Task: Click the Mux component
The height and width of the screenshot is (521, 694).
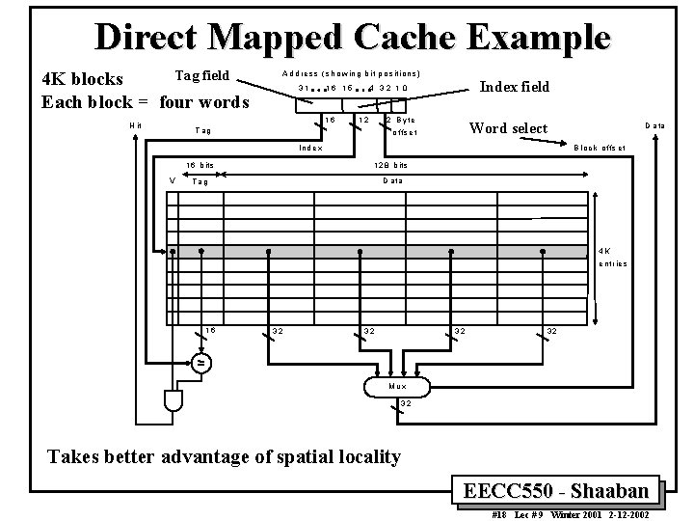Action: point(397,385)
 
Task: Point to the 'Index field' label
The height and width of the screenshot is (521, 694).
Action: point(515,87)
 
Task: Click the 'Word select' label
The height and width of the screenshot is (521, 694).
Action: point(507,128)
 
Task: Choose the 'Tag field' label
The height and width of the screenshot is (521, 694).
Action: point(201,75)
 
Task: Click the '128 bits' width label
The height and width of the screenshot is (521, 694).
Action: point(390,165)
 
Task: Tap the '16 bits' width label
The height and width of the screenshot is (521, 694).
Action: point(200,165)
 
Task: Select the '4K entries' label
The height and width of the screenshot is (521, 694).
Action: point(612,257)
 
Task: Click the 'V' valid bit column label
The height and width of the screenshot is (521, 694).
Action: point(172,180)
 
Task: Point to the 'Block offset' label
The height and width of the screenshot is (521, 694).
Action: point(600,148)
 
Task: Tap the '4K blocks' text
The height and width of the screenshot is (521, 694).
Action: point(83,79)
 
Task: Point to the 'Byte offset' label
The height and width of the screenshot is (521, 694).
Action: point(402,125)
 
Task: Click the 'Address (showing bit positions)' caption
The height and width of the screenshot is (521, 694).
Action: point(351,73)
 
